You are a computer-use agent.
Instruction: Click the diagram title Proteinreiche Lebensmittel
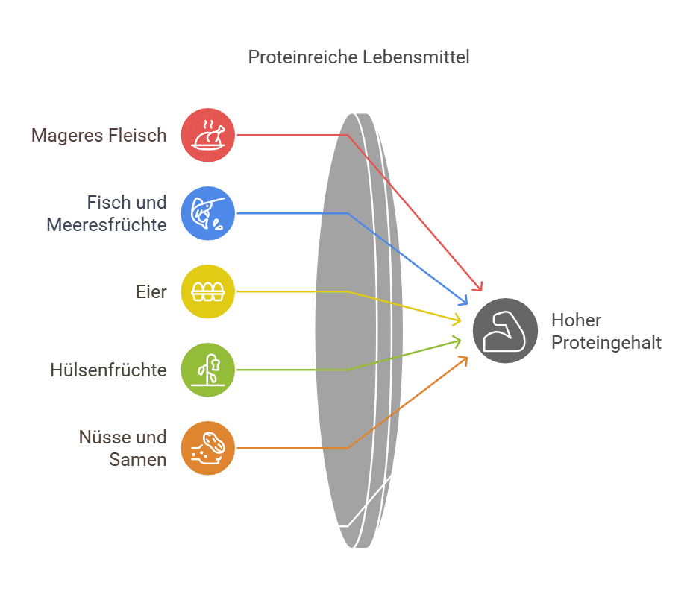[x=359, y=57]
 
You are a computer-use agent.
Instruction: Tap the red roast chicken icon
[x=208, y=135]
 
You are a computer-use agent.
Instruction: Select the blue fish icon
[x=208, y=213]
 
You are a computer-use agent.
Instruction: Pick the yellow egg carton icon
[x=208, y=291]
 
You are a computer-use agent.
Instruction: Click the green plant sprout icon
[x=208, y=370]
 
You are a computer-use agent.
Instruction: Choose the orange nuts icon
[x=208, y=448]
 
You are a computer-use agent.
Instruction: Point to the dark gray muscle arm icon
[x=505, y=331]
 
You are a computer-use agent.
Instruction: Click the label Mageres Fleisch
[x=99, y=136]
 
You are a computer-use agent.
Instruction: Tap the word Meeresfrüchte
[x=107, y=224]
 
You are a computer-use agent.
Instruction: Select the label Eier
[x=152, y=292]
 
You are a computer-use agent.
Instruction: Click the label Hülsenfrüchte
[x=109, y=370]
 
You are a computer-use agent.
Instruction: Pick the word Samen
[x=138, y=459]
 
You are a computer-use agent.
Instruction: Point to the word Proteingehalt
[x=606, y=343]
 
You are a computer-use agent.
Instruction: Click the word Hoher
[x=577, y=320]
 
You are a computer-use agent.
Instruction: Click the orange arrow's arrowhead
[x=465, y=359]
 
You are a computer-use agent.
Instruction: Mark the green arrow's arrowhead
[x=457, y=341]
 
